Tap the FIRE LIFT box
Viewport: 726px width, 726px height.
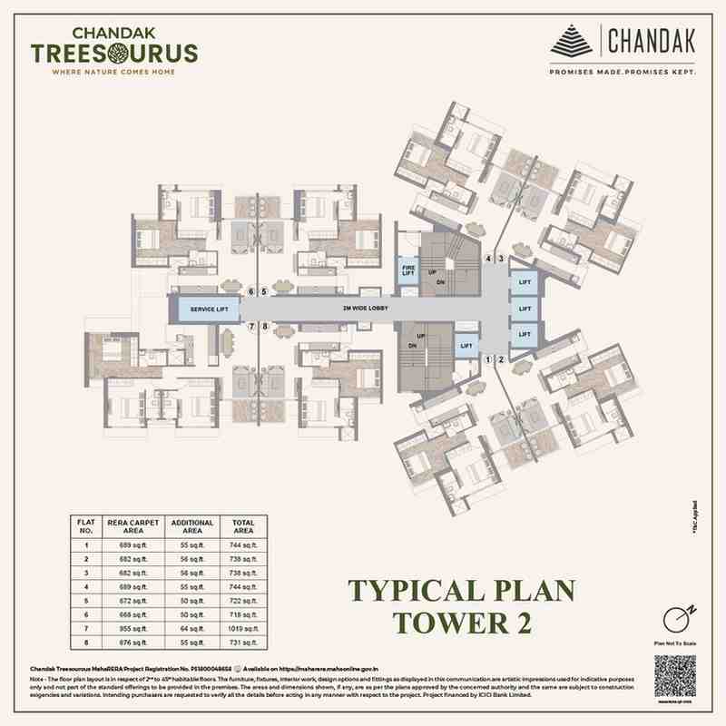(408, 270)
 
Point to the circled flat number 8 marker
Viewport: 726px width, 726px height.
(264, 327)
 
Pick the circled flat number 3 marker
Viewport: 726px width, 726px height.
(500, 259)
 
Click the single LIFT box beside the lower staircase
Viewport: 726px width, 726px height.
(466, 346)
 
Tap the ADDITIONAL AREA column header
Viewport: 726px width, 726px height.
(191, 527)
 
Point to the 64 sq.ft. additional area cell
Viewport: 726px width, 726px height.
(191, 627)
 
